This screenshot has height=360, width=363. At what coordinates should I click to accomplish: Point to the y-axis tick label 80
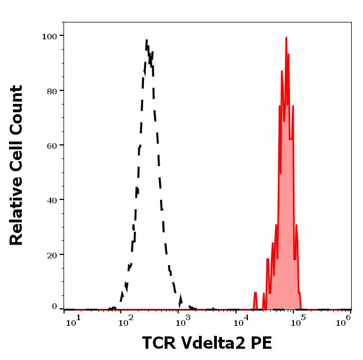pos(52,90)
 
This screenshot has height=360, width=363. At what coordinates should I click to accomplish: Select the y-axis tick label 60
pos(52,145)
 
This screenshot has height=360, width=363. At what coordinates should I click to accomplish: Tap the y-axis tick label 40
pos(52,200)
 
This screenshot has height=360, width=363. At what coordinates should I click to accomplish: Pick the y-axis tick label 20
pos(52,254)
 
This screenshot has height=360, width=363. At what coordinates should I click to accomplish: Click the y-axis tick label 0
pos(55,307)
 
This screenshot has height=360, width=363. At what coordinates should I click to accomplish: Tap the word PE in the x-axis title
pos(261,343)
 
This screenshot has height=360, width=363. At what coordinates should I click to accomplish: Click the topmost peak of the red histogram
pos(286,38)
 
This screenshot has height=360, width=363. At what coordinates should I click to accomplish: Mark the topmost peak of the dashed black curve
pos(147,40)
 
